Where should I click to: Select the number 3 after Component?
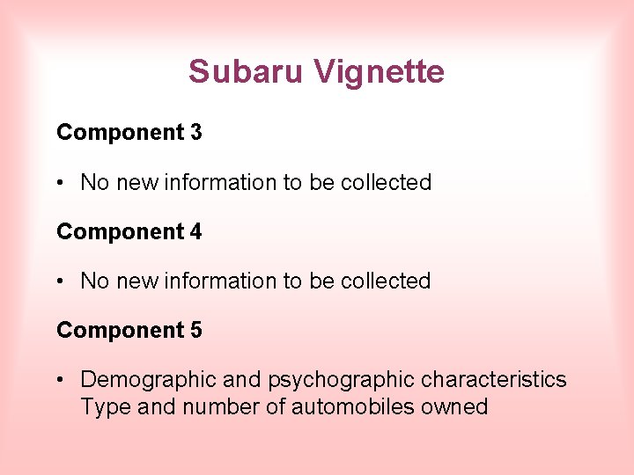195,133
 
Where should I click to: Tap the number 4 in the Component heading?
195,232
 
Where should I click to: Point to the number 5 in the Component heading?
195,331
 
